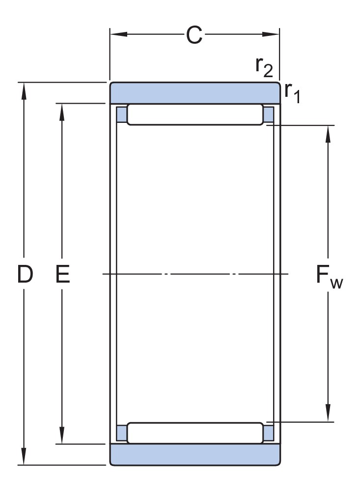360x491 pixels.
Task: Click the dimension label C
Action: click(x=194, y=35)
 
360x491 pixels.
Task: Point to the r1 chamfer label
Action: click(x=292, y=92)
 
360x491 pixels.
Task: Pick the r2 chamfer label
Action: click(x=264, y=68)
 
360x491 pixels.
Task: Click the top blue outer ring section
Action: click(x=194, y=93)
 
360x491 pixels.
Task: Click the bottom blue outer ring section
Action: click(x=194, y=454)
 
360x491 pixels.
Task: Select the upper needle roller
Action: click(x=195, y=115)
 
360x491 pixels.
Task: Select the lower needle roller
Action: click(x=195, y=433)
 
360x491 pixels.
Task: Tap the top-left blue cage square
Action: click(x=121, y=114)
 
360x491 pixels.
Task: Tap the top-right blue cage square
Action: click(x=269, y=114)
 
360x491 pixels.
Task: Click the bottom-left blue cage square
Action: click(x=121, y=433)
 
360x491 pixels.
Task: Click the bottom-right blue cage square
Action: click(x=269, y=433)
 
